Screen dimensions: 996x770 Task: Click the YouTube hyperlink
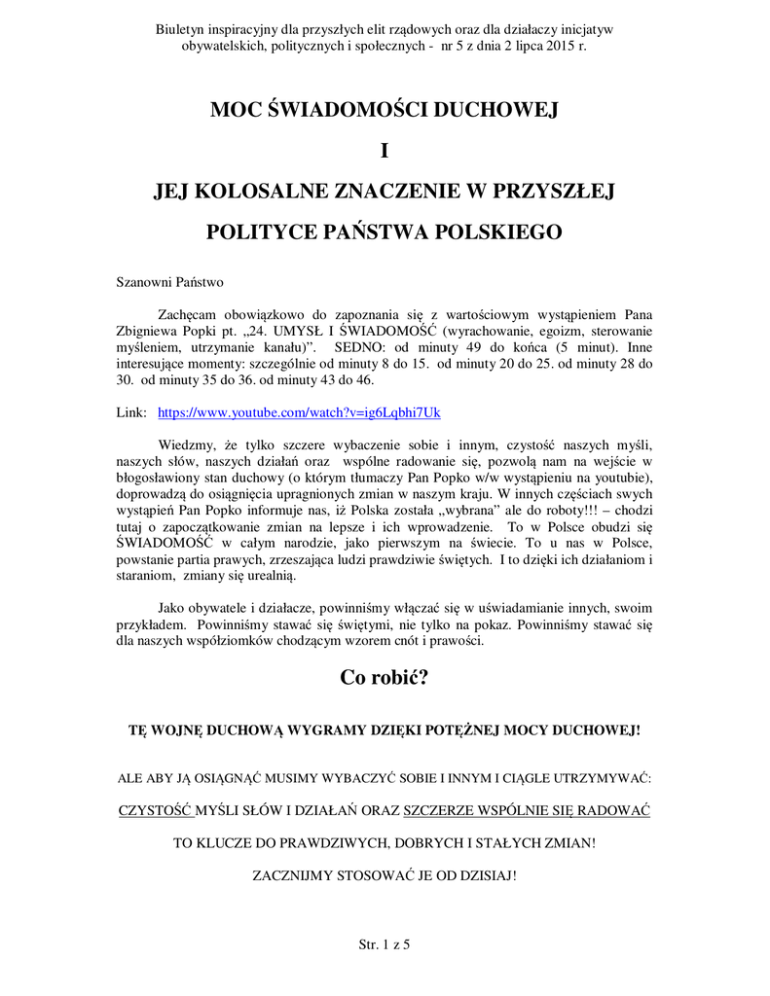point(299,412)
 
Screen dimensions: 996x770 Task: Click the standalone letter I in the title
point(385,151)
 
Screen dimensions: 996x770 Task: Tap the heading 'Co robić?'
point(385,679)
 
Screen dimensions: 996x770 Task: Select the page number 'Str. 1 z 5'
point(385,944)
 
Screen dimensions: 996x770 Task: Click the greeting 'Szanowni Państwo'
point(170,283)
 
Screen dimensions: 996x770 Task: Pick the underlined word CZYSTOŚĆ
point(156,810)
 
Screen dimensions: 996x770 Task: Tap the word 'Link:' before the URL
point(130,412)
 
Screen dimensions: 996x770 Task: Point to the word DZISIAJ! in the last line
point(487,874)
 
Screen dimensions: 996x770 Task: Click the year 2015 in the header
point(554,46)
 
